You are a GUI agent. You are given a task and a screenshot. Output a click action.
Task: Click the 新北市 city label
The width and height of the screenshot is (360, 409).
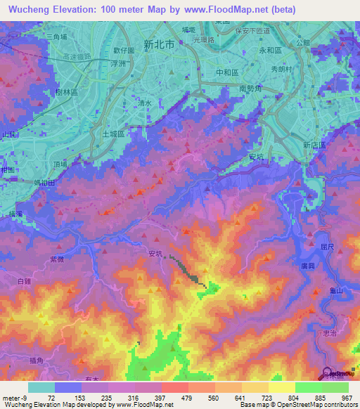(x=158, y=44)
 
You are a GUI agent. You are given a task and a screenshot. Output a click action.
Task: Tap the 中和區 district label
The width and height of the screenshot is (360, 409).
(x=213, y=72)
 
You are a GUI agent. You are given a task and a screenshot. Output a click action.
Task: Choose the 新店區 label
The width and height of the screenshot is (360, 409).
(x=314, y=144)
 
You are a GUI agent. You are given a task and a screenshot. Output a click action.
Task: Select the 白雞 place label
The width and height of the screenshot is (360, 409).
(x=24, y=280)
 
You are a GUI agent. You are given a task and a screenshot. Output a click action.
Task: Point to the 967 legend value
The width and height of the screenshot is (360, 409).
(x=346, y=398)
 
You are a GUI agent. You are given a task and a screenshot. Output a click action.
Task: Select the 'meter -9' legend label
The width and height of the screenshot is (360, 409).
(x=15, y=398)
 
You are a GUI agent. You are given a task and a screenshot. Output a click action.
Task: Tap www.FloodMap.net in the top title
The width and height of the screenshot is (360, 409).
(x=227, y=9)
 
